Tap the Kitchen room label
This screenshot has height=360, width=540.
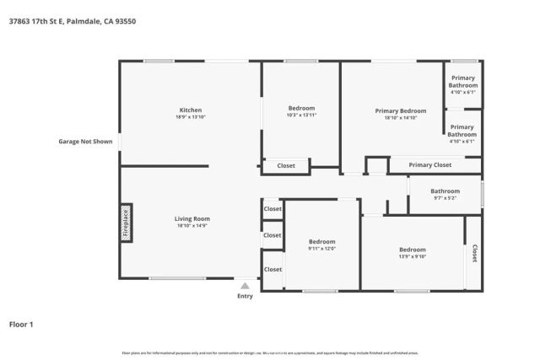[x=190, y=110]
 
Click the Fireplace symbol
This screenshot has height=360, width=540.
[x=126, y=223]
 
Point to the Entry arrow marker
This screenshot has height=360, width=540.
[x=245, y=286]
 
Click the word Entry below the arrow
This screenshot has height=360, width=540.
[x=245, y=296]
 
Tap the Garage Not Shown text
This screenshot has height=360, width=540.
[x=85, y=142]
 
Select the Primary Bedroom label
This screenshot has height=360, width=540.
[x=400, y=111]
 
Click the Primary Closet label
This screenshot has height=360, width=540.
[x=429, y=165]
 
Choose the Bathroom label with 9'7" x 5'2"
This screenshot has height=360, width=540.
[x=445, y=191]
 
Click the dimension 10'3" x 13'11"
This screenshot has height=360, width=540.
[x=301, y=116]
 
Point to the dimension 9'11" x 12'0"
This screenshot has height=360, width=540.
[x=321, y=249]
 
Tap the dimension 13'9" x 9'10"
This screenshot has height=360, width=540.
[x=412, y=257]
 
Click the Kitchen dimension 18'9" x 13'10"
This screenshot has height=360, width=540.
[x=190, y=118]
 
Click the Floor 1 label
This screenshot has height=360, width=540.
[x=21, y=324]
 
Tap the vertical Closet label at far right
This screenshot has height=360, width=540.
[x=474, y=252]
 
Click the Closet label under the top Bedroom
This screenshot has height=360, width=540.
[x=286, y=166]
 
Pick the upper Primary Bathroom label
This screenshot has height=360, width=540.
[x=462, y=82]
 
